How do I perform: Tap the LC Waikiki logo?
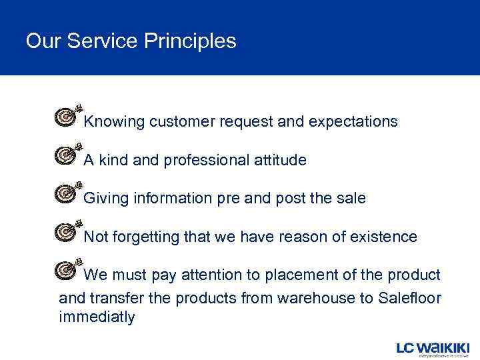point(432,348)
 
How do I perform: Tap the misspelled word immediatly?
point(97,317)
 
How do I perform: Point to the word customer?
point(180,122)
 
